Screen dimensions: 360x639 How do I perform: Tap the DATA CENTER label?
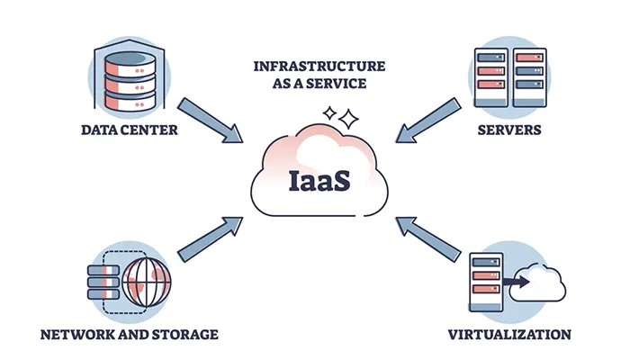129,130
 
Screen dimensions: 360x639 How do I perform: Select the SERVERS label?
509,130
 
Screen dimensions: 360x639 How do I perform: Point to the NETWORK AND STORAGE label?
130,335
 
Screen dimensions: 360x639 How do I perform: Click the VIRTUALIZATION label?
509,335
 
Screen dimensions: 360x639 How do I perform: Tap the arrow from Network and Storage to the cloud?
212,244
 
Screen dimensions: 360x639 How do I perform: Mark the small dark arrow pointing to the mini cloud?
517,282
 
